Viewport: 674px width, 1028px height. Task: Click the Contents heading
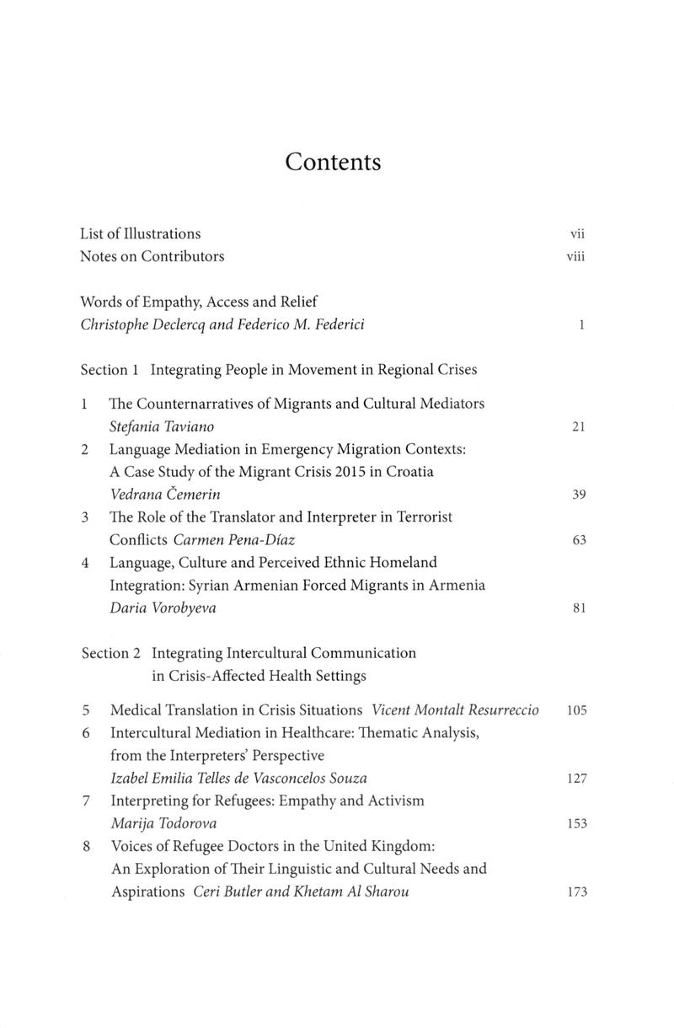pyautogui.click(x=333, y=161)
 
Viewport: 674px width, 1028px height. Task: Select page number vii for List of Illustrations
pyautogui.click(x=577, y=233)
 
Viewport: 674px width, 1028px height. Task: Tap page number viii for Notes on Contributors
pyautogui.click(x=575, y=256)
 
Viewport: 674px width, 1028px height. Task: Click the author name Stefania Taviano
pyautogui.click(x=156, y=426)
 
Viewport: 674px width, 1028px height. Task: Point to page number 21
pyautogui.click(x=578, y=427)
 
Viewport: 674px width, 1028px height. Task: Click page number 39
pyautogui.click(x=578, y=495)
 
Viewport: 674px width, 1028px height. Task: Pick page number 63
pyautogui.click(x=578, y=541)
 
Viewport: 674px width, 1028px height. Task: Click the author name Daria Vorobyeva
pyautogui.click(x=163, y=608)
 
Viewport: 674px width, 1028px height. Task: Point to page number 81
pyautogui.click(x=578, y=608)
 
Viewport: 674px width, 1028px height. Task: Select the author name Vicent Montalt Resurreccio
pyautogui.click(x=455, y=709)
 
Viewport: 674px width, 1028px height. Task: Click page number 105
pyautogui.click(x=576, y=710)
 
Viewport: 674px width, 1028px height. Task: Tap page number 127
pyautogui.click(x=576, y=779)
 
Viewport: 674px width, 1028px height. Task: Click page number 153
pyautogui.click(x=576, y=824)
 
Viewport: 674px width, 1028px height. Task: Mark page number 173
pyautogui.click(x=576, y=892)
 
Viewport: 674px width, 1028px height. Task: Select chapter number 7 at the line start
pyautogui.click(x=86, y=800)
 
